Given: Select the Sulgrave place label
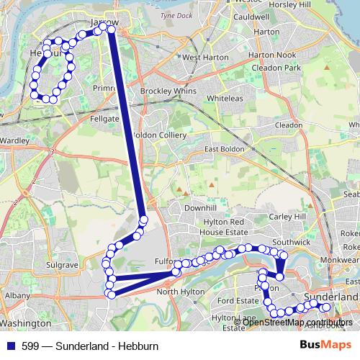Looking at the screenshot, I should [x=62, y=265].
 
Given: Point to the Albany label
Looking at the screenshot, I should [x=17, y=295].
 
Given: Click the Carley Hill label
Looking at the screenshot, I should [x=287, y=216].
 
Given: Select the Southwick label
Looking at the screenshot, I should [x=292, y=243].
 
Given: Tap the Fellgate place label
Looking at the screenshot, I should [x=104, y=117].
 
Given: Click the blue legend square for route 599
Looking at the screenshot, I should [x=12, y=346].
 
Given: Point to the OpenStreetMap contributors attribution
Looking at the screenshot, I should [x=297, y=322].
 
